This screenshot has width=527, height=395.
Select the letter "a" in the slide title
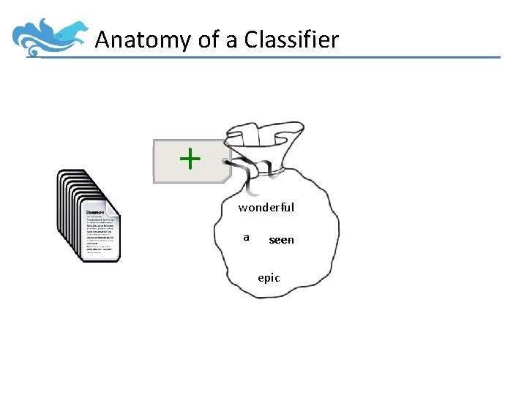(x=231, y=40)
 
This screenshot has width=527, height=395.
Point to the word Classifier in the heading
(x=291, y=39)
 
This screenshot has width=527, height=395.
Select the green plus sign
(x=190, y=158)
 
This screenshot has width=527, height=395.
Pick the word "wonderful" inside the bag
(x=266, y=208)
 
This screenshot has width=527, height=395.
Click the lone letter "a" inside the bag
(x=246, y=237)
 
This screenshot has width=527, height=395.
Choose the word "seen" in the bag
(x=281, y=240)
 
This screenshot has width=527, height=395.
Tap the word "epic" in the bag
(x=269, y=278)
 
